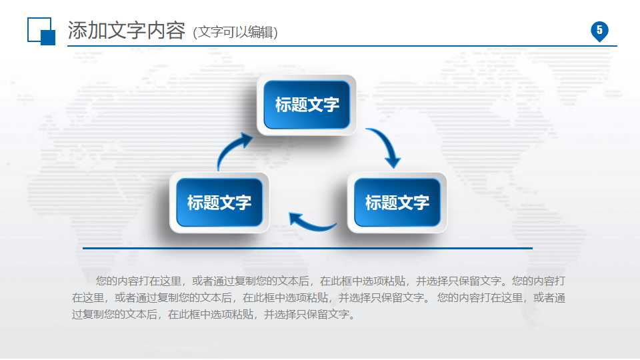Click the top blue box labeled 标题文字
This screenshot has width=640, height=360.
[x=307, y=105]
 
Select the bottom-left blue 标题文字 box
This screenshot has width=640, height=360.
[x=219, y=202]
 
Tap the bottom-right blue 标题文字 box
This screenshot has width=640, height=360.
[x=397, y=202]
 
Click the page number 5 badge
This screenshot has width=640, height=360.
[x=599, y=31]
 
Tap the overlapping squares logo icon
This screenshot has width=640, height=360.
[x=41, y=31]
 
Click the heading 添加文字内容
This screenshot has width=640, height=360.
[x=126, y=31]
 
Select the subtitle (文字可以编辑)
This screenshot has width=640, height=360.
[x=235, y=32]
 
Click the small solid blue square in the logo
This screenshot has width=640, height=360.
[x=48, y=38]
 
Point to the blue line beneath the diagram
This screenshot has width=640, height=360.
[x=307, y=248]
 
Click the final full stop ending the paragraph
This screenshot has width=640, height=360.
[x=353, y=315]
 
